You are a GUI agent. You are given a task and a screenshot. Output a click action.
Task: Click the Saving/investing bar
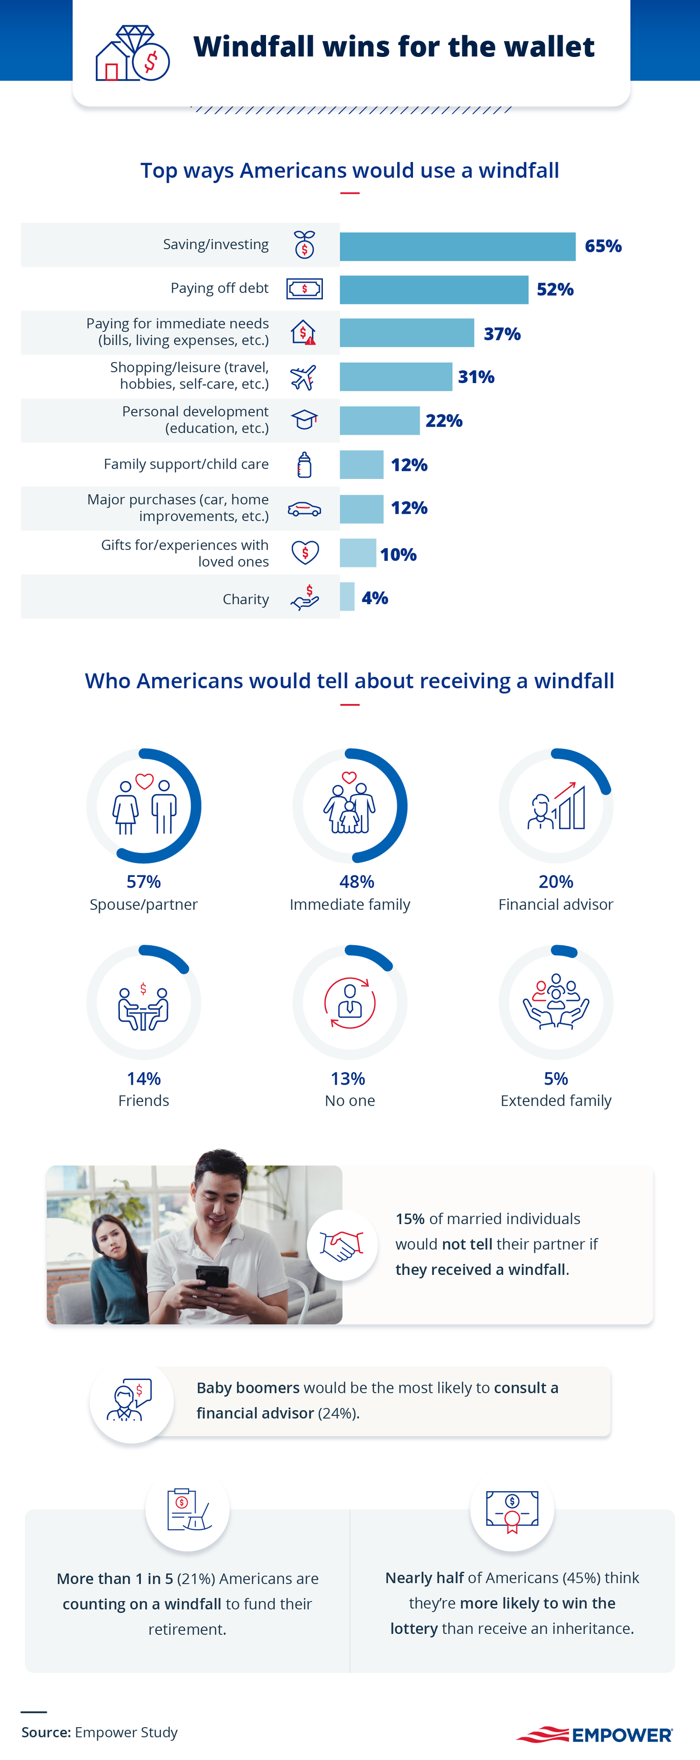pos(457,247)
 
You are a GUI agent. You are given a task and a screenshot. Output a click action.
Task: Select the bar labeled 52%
pos(434,290)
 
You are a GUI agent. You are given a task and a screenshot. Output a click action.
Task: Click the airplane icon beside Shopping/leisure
pos(303,377)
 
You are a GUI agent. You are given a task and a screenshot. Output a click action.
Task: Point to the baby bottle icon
pos(304,465)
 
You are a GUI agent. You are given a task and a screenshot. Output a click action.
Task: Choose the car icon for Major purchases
pos(304,509)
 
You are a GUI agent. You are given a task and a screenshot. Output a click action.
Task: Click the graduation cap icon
pos(304,419)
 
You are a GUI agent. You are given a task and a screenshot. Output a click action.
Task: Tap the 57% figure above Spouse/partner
pos(143,882)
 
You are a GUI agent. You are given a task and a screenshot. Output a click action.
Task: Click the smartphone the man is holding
pos(212,1277)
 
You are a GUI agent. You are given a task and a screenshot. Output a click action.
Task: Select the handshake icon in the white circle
pos(341,1245)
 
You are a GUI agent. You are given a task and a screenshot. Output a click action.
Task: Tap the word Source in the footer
pos(46,1732)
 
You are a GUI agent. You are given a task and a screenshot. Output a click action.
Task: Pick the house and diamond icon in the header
pos(132,53)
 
